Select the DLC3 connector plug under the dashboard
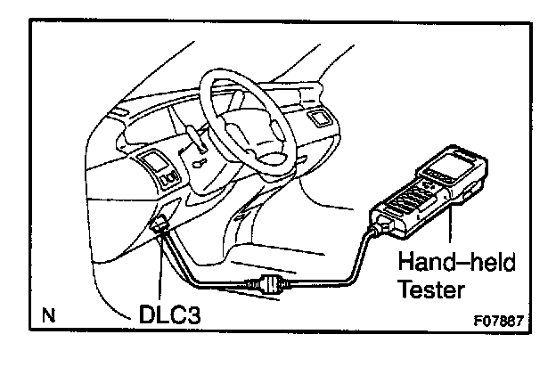(161, 230)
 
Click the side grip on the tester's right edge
(469, 192)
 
